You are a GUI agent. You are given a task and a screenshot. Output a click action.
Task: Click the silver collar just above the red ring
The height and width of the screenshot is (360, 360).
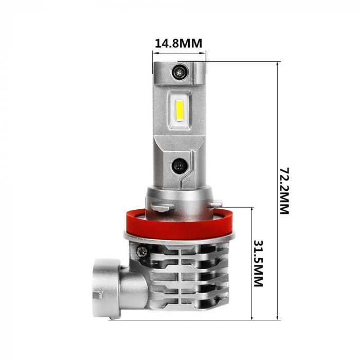[177, 198]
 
